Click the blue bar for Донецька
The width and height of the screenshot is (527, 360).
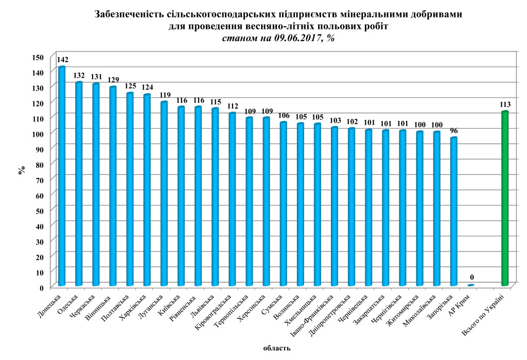[62, 175]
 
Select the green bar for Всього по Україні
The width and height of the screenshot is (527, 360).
[505, 198]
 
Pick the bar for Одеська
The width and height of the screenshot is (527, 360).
[79, 183]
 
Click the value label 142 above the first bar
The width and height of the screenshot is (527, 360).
[63, 60]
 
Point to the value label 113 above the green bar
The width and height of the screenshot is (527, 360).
[505, 104]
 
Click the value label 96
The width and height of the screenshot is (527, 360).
[454, 131]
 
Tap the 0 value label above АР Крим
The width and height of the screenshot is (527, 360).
[471, 277]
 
